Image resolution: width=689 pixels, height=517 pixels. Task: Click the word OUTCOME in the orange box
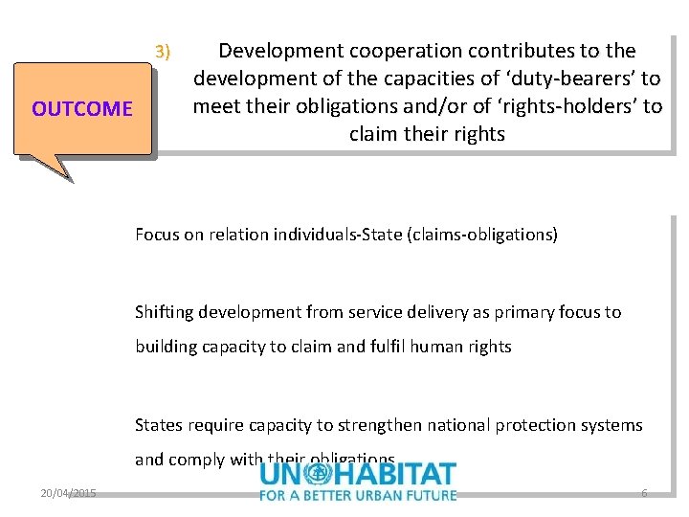[82, 109]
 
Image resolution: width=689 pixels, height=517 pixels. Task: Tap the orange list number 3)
[163, 51]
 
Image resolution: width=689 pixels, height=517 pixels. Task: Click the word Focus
[157, 235]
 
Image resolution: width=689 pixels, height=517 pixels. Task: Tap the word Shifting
[165, 312]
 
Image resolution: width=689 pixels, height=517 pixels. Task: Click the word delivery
[418, 312]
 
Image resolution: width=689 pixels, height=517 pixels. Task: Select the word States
[158, 425]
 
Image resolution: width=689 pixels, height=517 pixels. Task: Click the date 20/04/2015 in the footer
[68, 494]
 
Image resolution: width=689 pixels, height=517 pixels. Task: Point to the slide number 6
[644, 493]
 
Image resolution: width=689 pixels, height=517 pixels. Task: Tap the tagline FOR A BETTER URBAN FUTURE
[358, 495]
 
